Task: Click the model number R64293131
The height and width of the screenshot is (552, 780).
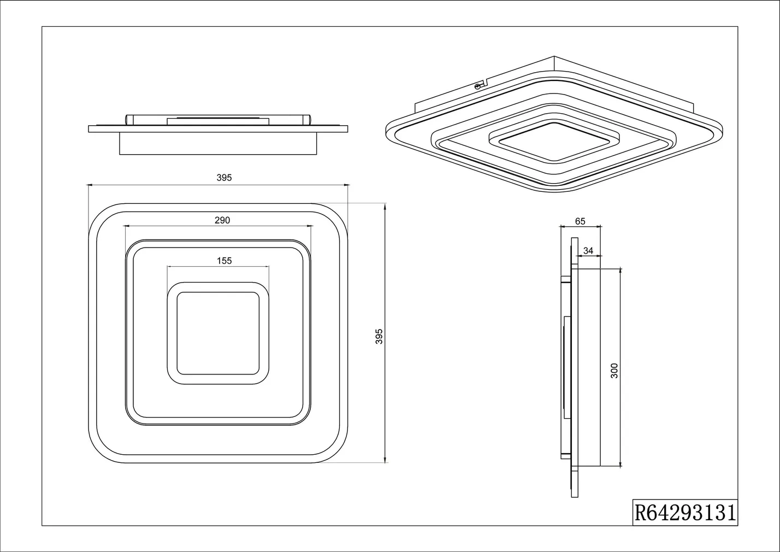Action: (685, 513)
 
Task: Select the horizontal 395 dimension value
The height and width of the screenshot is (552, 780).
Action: (224, 178)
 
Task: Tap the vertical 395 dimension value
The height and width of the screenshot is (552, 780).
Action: (380, 336)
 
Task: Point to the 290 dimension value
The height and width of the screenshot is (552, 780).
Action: (222, 220)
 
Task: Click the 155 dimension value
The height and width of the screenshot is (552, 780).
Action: (224, 261)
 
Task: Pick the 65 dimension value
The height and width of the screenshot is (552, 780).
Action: (580, 221)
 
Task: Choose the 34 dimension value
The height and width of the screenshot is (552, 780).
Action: (588, 250)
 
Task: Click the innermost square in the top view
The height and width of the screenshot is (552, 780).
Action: (218, 333)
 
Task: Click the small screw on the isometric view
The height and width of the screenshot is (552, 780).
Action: (478, 86)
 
